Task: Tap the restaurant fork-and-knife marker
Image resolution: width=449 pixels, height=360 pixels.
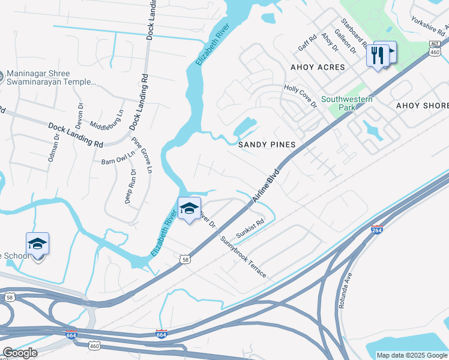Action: [378, 55]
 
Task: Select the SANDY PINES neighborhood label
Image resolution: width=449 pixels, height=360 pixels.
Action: [267, 145]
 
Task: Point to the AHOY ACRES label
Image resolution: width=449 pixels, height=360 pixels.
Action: [318, 67]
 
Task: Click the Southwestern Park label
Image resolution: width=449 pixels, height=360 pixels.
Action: [347, 103]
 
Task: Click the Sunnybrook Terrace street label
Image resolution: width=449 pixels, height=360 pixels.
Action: [243, 256]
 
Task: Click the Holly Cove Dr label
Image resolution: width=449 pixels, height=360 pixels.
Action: [300, 96]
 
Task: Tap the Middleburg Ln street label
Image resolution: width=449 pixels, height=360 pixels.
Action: [106, 120]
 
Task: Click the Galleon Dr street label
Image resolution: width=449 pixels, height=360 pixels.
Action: [345, 41]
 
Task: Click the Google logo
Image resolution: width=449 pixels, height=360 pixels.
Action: [20, 353]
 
